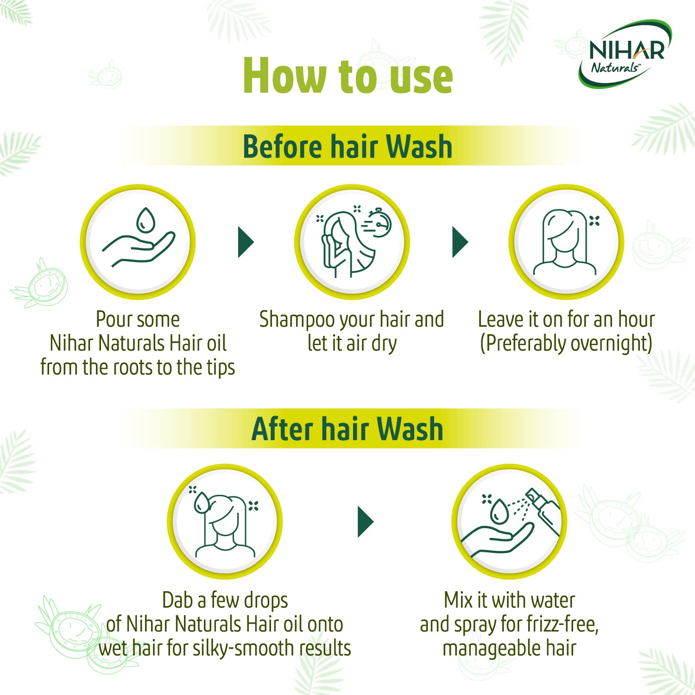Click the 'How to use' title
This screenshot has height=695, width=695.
tap(347, 76)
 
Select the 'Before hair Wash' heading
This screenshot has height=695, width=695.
tap(347, 146)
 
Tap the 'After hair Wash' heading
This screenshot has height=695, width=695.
tap(347, 429)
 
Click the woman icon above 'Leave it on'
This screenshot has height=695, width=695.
tap(565, 242)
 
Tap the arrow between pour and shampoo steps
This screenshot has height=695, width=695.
tap(246, 242)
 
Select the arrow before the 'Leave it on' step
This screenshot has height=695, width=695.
tap(460, 242)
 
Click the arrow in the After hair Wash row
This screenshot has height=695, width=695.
tap(365, 522)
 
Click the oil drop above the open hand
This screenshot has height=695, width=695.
tap(145, 220)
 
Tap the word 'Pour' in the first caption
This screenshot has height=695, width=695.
tap(112, 320)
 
